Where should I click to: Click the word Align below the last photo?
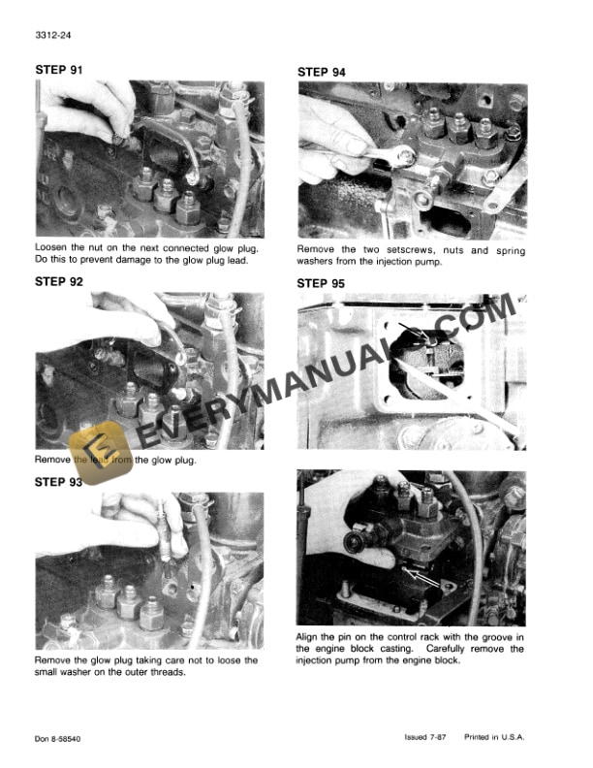click(310, 637)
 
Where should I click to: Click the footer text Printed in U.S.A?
click(494, 738)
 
